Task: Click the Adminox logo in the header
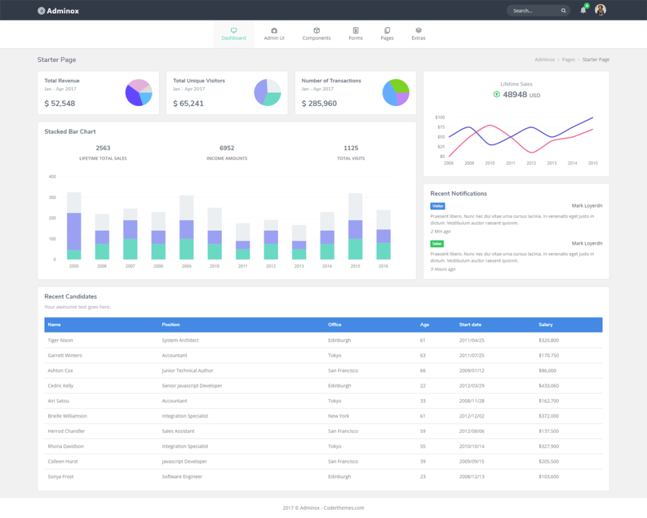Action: (58, 11)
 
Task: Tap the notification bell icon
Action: (583, 10)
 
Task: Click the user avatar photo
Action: (600, 10)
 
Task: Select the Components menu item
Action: (317, 34)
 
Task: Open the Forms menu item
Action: (356, 34)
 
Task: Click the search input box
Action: (534, 11)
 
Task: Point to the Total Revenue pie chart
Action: (138, 93)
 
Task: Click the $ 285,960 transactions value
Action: (319, 103)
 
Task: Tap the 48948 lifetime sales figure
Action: (515, 95)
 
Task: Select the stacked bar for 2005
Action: (74, 227)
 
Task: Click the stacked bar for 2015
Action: (356, 227)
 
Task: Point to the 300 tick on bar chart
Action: (52, 197)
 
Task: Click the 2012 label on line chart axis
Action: (531, 163)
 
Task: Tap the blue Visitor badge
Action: (437, 206)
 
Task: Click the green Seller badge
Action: (437, 244)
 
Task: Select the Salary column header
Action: (545, 324)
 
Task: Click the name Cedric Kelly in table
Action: (61, 386)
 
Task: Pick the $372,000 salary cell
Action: (548, 416)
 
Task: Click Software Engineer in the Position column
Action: (182, 476)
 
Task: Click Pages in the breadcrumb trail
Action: (569, 59)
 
